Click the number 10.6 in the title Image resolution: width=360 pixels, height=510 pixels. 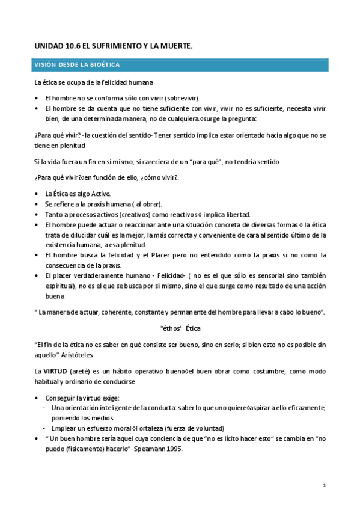(72, 45)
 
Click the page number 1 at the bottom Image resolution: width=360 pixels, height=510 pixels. (324, 485)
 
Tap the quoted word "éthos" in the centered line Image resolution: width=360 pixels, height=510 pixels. (172, 329)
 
